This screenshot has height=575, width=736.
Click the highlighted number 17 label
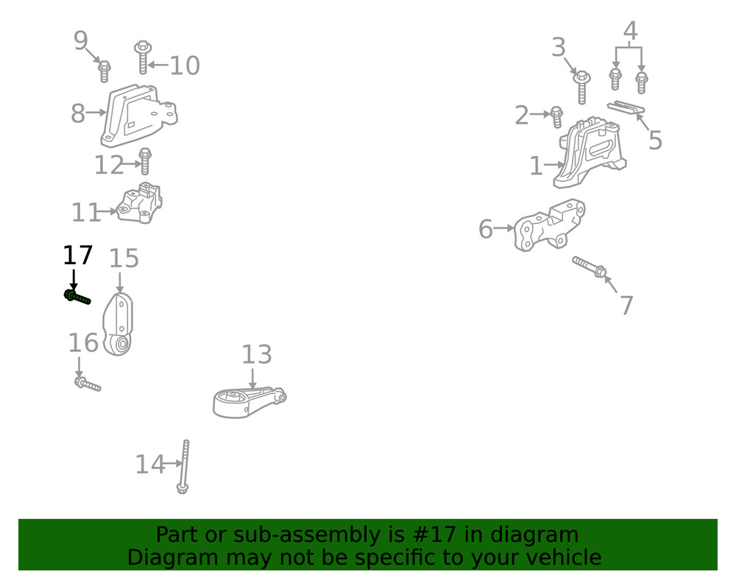point(77,255)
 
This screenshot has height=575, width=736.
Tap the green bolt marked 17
point(77,297)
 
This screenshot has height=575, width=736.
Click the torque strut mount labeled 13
point(247,402)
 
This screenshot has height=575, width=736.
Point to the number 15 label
point(124,258)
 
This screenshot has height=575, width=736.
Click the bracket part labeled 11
point(141,203)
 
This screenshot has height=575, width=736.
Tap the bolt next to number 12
point(145,161)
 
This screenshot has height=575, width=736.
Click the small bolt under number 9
point(105,71)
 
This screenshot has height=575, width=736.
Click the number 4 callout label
point(630,31)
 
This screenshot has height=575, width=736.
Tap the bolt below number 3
point(582,86)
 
